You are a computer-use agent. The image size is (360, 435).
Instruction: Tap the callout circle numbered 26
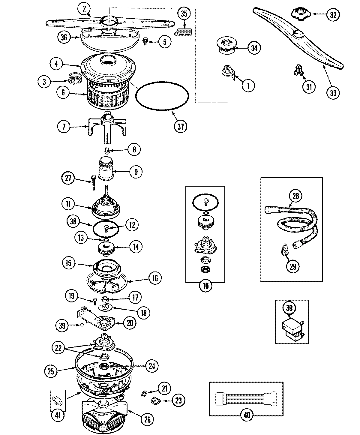147,419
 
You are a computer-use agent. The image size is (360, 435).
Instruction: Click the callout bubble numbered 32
333,15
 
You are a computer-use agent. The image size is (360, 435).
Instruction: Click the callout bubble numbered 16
154,278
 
